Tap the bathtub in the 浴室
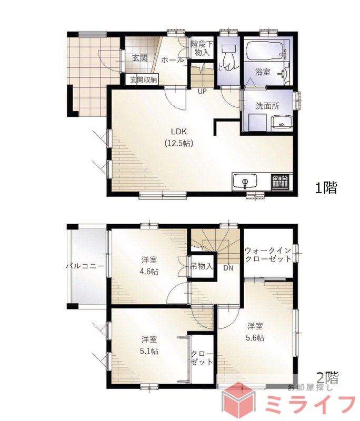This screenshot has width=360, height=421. coord(264,51)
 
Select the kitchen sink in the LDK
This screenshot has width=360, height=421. coord(245,182)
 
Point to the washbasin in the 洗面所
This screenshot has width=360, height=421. coord(282,123)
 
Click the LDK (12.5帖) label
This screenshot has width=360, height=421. coord(179,137)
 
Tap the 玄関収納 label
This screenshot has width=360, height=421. coord(143,80)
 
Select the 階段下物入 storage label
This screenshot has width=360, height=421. coord(202,48)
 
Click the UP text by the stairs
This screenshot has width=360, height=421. coord(202,91)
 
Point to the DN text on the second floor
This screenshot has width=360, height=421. coord(228,268)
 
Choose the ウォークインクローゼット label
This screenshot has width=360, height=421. coord(268,255)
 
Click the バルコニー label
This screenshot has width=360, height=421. coord(85,266)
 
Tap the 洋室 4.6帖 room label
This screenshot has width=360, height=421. coord(149,266)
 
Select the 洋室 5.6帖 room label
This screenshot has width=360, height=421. coord(255,332)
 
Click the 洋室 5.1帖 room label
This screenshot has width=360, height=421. coord(149,345)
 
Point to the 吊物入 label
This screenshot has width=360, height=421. coord(202,266)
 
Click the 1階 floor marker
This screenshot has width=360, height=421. coord(326,188)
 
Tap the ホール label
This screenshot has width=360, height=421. coord(173,60)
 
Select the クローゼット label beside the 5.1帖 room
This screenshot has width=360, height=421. coord(202,358)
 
